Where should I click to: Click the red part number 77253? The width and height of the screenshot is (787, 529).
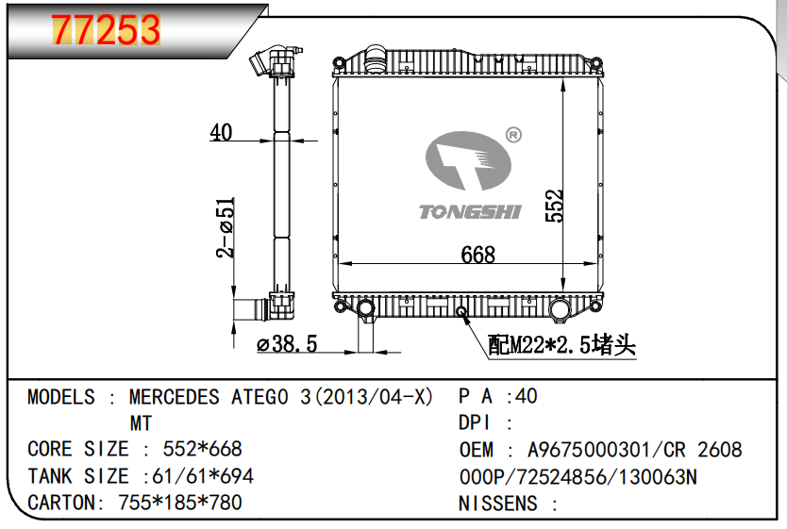click(x=106, y=29)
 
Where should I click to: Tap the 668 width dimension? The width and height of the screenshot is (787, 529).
click(x=477, y=255)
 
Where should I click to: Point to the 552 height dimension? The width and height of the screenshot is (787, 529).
click(x=555, y=206)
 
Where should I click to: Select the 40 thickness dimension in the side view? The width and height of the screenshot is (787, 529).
click(x=221, y=132)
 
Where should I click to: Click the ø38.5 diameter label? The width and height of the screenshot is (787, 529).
click(x=287, y=344)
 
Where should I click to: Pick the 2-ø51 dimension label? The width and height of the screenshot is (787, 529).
click(x=226, y=227)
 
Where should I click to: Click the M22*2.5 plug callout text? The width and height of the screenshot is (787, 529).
click(x=561, y=345)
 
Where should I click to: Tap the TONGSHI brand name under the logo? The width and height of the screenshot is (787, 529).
click(x=470, y=212)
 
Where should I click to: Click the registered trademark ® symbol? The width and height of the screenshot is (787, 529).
click(x=513, y=135)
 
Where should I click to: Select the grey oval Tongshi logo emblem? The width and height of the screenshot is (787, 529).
click(x=468, y=160)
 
